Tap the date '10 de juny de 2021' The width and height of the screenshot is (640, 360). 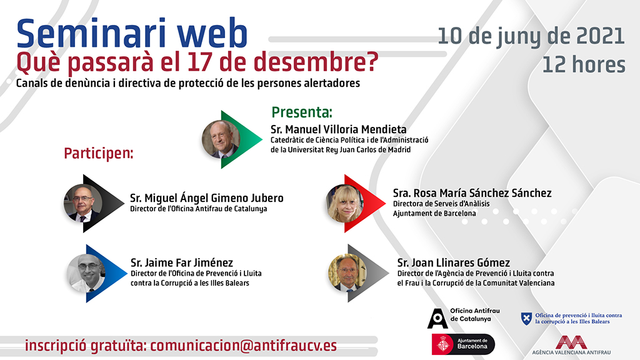point(531,36)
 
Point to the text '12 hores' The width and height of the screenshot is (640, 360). point(584,64)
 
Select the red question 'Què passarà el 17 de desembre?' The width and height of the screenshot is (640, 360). point(197,63)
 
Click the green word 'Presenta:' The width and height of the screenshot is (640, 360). point(301,112)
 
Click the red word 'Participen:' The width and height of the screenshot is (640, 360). point(98,153)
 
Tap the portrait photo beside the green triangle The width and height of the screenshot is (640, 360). point(221,139)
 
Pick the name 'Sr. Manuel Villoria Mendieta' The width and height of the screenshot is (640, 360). point(339,129)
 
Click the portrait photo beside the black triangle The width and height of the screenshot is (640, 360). point(82,203)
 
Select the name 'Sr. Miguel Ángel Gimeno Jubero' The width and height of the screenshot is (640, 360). point(206,198)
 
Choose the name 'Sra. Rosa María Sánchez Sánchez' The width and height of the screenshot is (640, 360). point(472,193)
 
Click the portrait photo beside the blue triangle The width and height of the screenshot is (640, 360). point(86,273)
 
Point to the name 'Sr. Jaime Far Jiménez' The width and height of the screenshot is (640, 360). point(181,262)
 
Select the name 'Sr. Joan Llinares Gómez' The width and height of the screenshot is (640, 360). point(454,262)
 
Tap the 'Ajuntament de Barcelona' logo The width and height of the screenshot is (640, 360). point(462,343)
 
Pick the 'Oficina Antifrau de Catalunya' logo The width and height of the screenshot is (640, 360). point(460,315)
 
